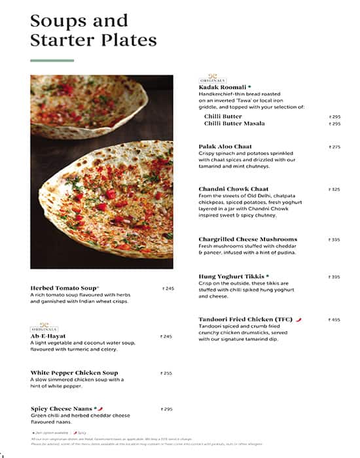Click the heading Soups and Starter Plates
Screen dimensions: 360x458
[93, 30]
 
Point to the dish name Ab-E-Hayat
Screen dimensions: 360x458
[48, 336]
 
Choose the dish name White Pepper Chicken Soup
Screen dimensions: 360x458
[74, 373]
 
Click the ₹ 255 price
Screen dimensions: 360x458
[166, 373]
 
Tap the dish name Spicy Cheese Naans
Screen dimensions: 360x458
[62, 409]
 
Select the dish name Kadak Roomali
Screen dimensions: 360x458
[223, 87]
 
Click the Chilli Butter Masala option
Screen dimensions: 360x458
[234, 124]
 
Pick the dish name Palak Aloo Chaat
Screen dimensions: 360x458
[225, 147]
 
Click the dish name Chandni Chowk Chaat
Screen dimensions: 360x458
[234, 189]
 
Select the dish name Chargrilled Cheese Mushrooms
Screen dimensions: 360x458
[247, 239]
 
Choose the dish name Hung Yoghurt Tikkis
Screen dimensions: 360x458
[231, 277]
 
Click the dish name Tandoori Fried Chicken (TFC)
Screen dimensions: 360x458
[245, 320]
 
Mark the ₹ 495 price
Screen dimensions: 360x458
[334, 320]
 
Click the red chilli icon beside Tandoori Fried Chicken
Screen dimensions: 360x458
[298, 320]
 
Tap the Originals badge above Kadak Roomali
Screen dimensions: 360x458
[211, 78]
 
